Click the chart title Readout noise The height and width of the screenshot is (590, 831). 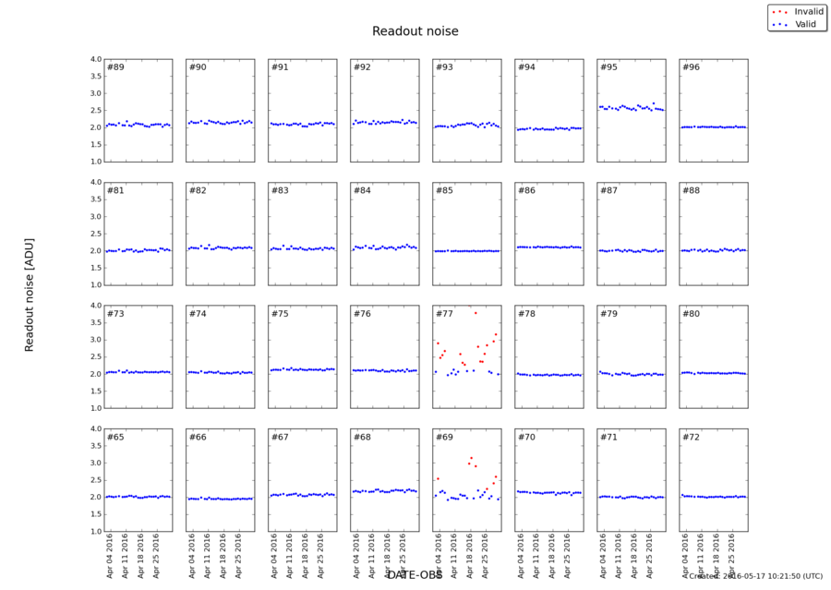click(415, 31)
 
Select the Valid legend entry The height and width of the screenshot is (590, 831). click(795, 23)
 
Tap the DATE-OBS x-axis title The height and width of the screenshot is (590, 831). click(415, 574)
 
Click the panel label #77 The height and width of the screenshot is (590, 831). click(445, 314)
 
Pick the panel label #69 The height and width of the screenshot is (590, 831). click(445, 437)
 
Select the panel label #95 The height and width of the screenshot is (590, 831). click(609, 67)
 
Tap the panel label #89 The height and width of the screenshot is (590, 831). click(116, 67)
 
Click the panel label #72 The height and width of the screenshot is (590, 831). click(692, 437)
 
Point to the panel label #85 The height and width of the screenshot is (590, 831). click(445, 191)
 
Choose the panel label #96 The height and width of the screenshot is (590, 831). click(692, 67)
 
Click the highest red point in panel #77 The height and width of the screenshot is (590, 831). click(476, 313)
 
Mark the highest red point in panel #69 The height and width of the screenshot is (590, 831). click(471, 458)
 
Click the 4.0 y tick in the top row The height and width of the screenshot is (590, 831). click(94, 59)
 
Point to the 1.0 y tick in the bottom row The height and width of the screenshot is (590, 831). click(94, 532)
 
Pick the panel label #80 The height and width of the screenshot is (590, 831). click(692, 314)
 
